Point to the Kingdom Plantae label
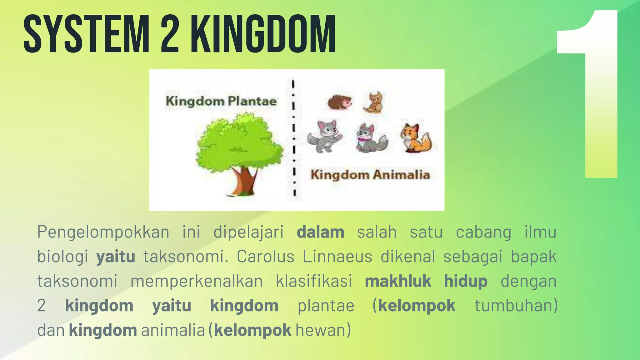pos(221,101)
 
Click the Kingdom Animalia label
pos(370,175)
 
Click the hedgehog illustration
pos(339,102)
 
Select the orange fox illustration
pos(416,138)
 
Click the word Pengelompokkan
pos(103,232)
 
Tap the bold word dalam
pos(320,232)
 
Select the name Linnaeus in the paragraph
pos(337,257)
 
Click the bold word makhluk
pos(398,281)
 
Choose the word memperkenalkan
pos(197,281)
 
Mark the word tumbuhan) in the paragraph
pos(516,305)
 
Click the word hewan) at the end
pos(323,330)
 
